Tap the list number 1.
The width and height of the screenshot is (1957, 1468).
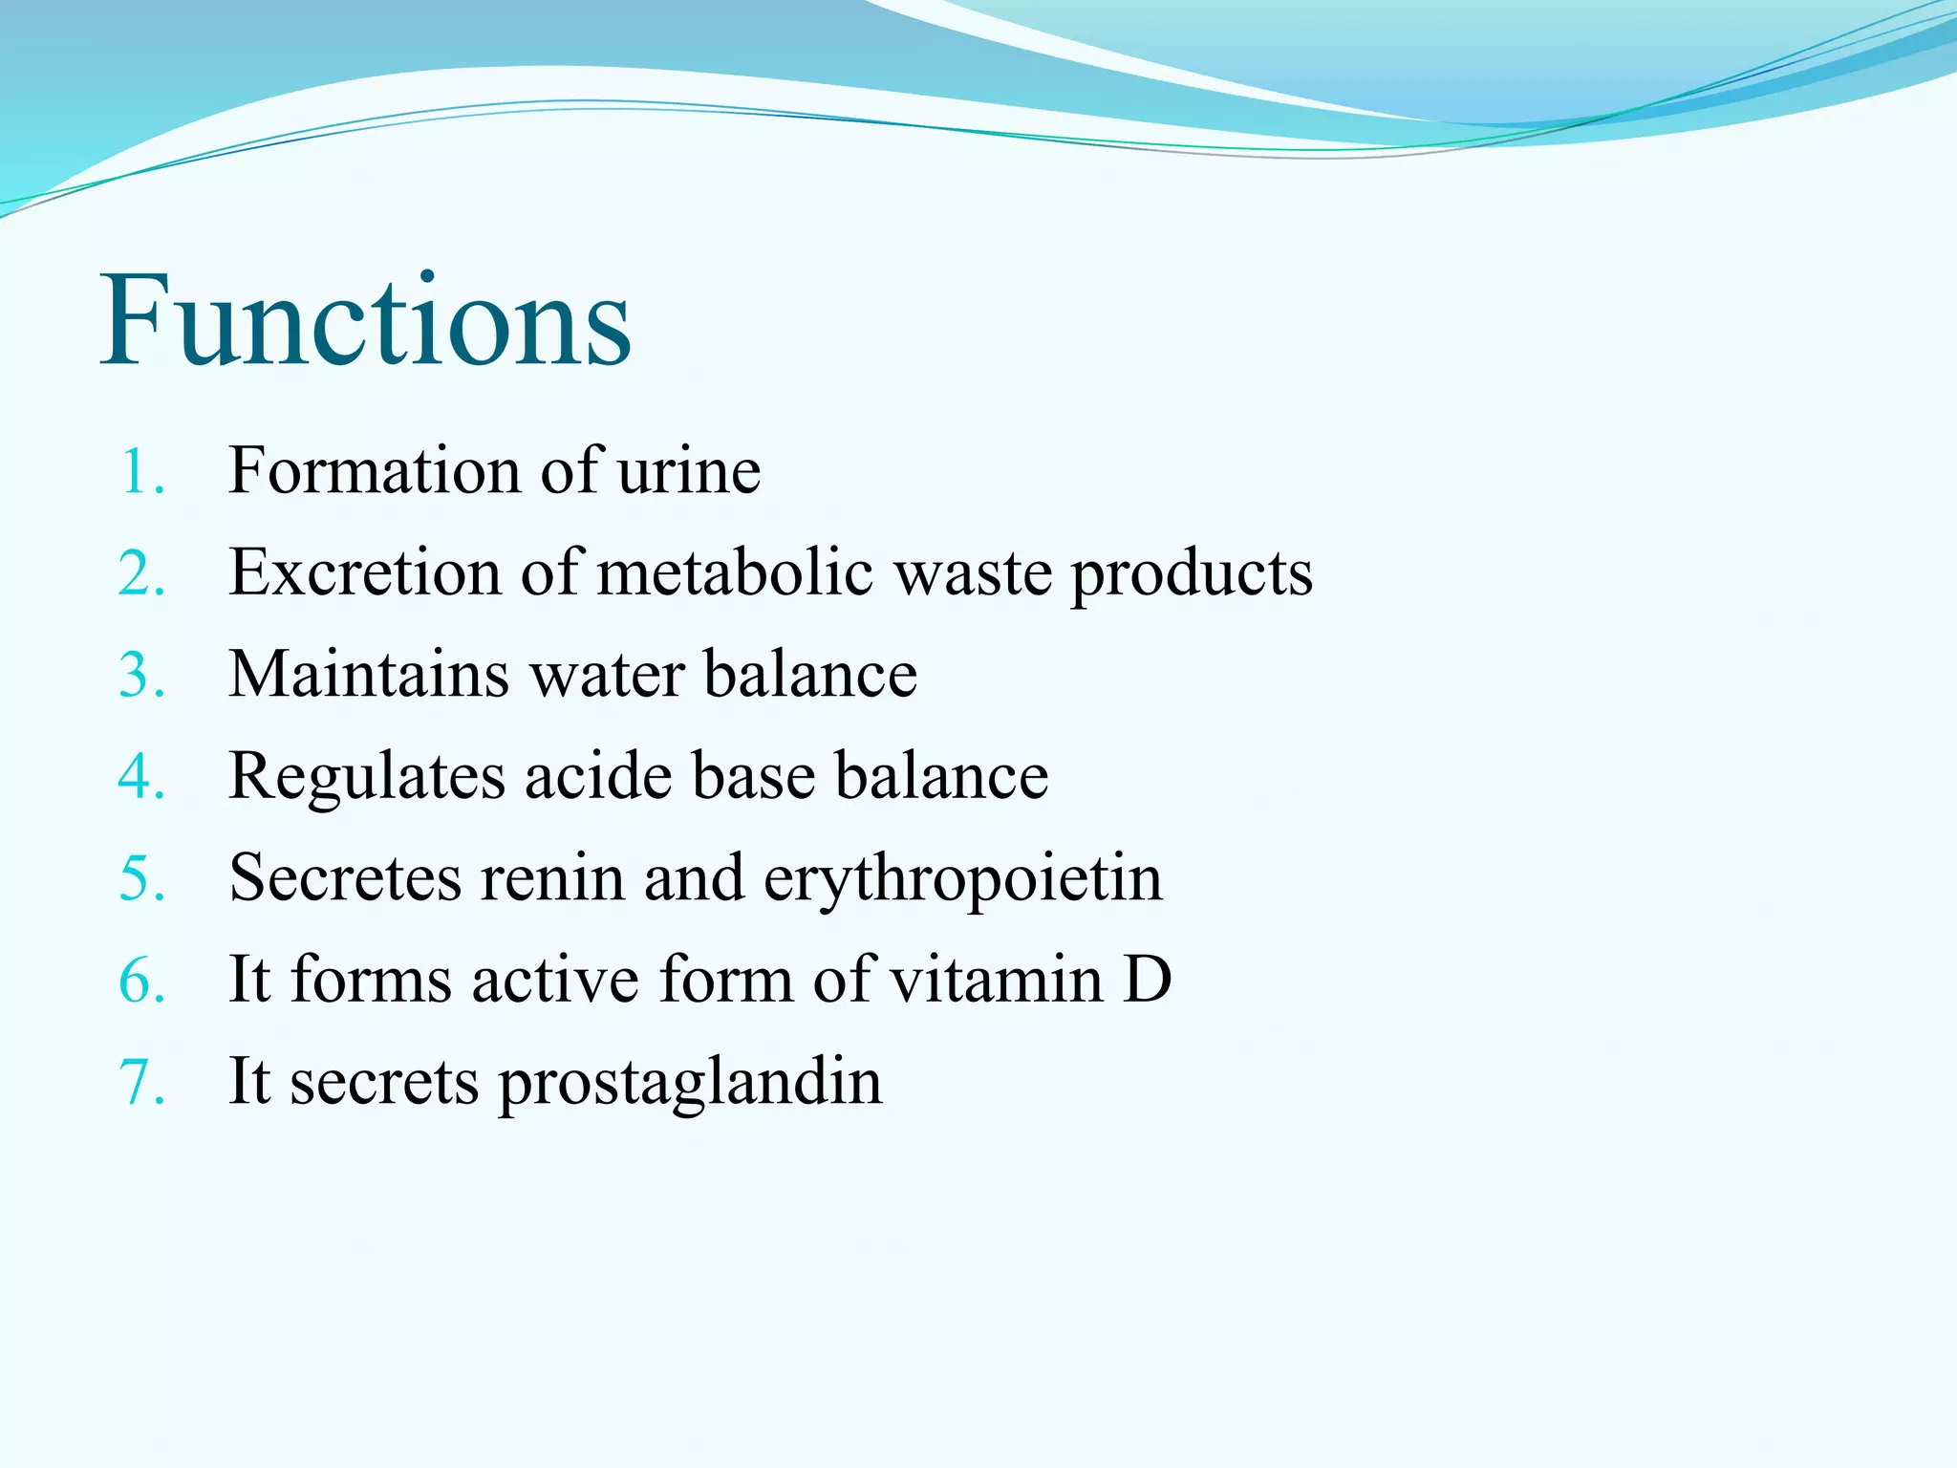click(141, 472)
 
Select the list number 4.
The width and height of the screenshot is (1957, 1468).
click(141, 776)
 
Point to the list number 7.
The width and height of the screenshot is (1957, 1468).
click(141, 1083)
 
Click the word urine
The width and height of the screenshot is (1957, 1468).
click(688, 472)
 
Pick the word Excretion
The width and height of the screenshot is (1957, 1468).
click(365, 573)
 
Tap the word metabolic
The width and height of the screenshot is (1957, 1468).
click(734, 573)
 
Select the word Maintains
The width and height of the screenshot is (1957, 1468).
click(368, 675)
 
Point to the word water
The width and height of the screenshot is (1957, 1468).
click(607, 675)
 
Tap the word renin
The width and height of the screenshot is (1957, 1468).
click(551, 878)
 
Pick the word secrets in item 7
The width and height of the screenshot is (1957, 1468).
click(383, 1083)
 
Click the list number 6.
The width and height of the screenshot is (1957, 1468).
click(141, 981)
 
